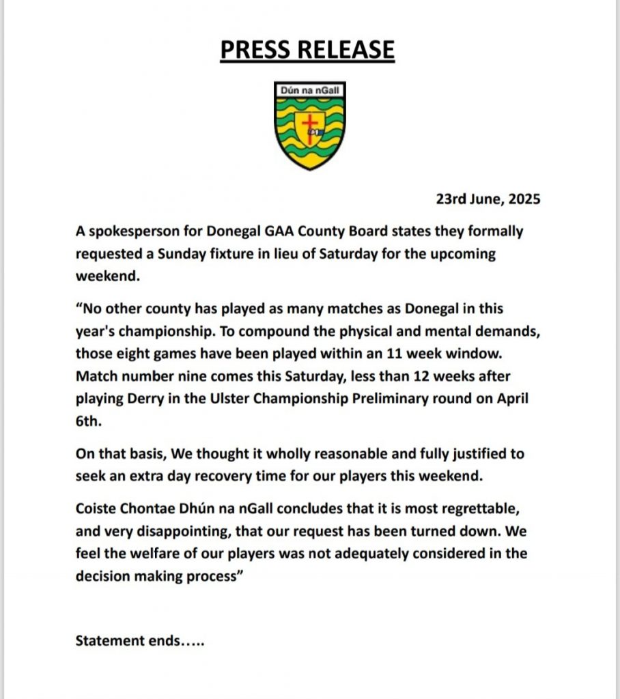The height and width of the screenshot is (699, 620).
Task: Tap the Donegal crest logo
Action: [309, 126]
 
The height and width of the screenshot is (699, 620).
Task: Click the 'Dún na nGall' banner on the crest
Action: [309, 90]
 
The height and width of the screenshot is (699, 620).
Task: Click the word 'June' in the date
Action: [481, 200]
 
